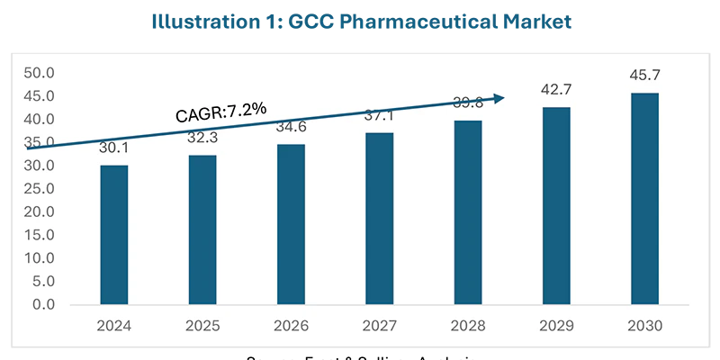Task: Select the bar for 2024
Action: coord(113,235)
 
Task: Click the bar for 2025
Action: coord(202,229)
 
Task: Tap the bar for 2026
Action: coord(291,224)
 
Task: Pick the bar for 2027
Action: coord(379,219)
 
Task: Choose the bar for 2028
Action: coord(467,212)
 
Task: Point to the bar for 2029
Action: coord(555,206)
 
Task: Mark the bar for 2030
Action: coord(644,199)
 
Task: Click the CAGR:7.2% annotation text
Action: coord(220,112)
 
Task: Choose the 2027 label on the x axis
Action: coord(379,328)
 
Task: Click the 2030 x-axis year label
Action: coord(644,328)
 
